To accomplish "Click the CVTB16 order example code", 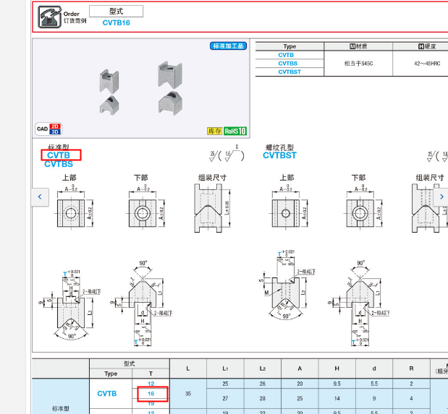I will pyautogui.click(x=116, y=23).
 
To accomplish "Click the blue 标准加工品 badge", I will pyautogui.click(x=229, y=46).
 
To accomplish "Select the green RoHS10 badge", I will pyautogui.click(x=236, y=131).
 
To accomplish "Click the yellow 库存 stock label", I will pyautogui.click(x=215, y=131).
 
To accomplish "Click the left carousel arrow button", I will pyautogui.click(x=41, y=196).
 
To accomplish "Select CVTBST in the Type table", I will pyautogui.click(x=289, y=72).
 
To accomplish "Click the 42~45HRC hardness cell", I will pyautogui.click(x=420, y=63).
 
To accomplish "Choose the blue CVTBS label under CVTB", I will pyautogui.click(x=59, y=164).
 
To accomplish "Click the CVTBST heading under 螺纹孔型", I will pyautogui.click(x=279, y=155).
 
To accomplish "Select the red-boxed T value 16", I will pyautogui.click(x=151, y=394).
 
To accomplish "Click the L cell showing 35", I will pyautogui.click(x=188, y=394).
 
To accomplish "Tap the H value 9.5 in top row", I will pyautogui.click(x=337, y=384).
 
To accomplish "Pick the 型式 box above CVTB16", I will pyautogui.click(x=116, y=12).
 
